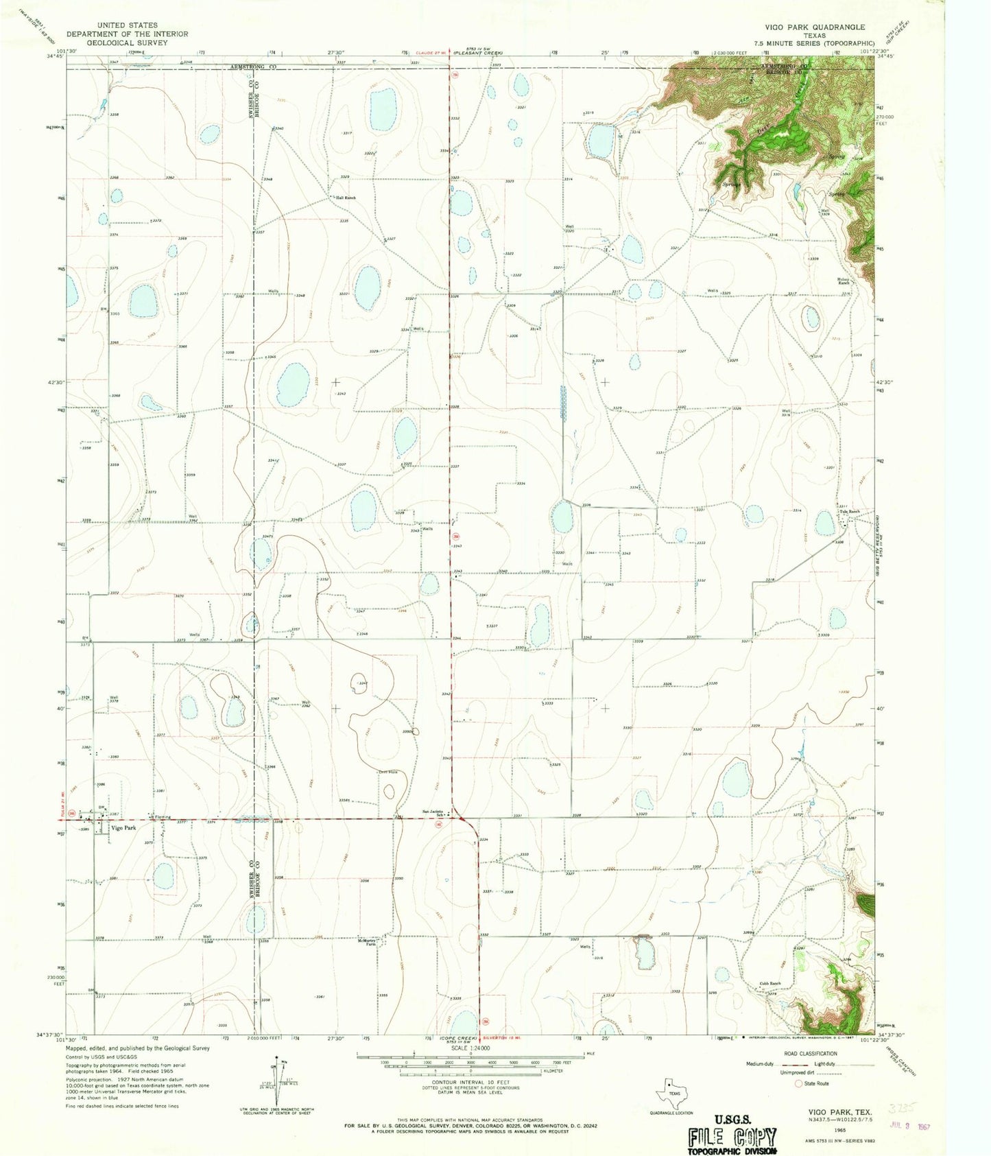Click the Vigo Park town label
[x=124, y=828]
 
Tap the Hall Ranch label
[x=345, y=198]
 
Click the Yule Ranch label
[x=849, y=512]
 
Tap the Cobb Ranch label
[x=769, y=984]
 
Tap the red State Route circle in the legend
[x=798, y=1083]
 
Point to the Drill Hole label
[x=389, y=772]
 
